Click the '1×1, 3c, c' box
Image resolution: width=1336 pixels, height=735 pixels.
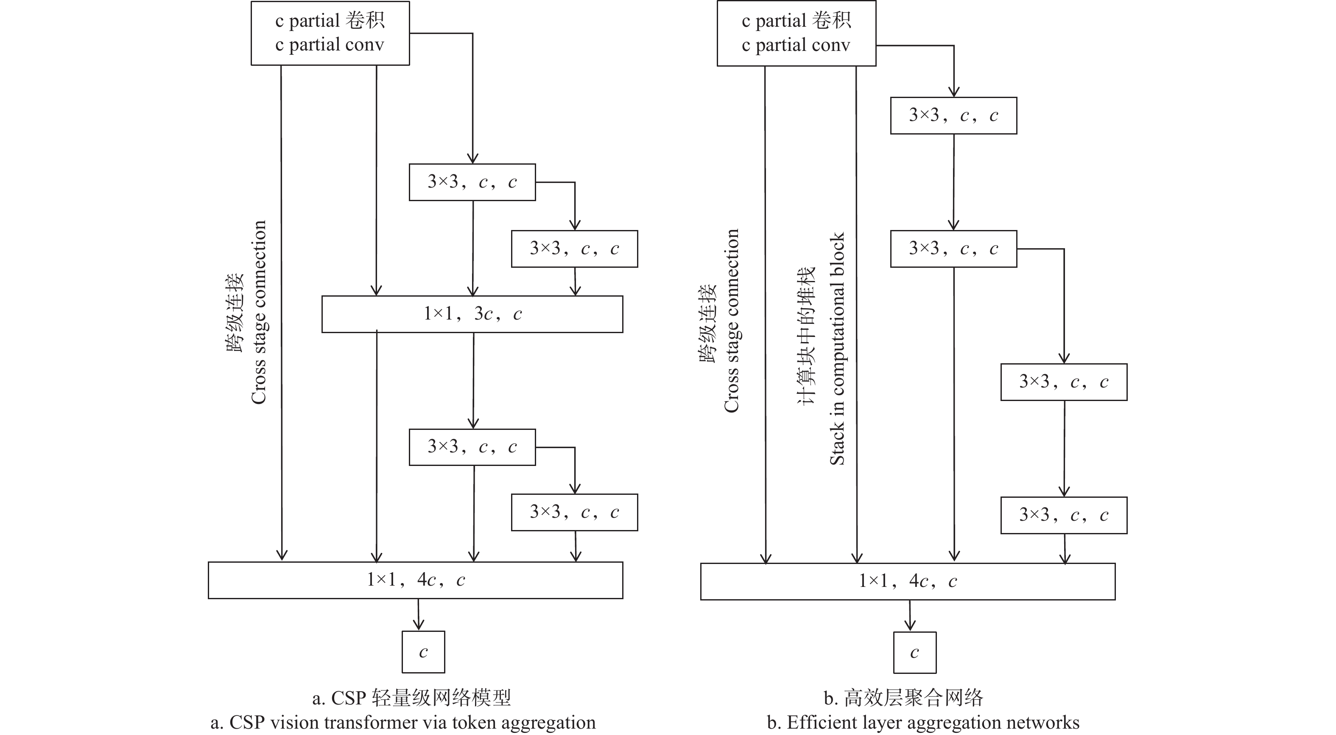click(472, 314)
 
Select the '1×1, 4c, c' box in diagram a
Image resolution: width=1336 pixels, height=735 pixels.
click(415, 580)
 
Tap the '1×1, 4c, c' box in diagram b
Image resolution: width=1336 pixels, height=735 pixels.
click(908, 581)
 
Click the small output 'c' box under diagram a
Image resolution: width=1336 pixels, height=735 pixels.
click(423, 652)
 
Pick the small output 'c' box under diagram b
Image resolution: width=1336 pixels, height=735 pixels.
click(914, 653)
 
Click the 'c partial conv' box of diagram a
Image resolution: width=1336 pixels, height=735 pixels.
click(330, 33)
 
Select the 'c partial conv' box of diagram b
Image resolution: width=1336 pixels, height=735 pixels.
click(796, 33)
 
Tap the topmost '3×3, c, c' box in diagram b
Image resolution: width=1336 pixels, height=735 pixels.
click(953, 115)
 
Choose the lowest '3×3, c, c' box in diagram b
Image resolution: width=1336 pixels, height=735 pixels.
click(1064, 516)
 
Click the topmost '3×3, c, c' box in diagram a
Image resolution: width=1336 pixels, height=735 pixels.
click(472, 182)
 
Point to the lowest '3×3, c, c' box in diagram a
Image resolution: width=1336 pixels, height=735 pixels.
click(574, 512)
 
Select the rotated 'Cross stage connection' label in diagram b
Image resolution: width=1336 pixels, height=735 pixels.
click(731, 321)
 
